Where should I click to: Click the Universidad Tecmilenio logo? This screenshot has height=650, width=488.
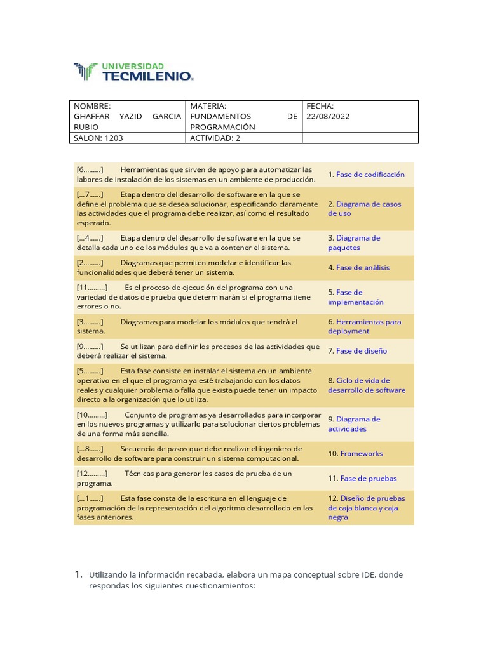[133, 72]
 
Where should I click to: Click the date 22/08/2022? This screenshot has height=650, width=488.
[328, 117]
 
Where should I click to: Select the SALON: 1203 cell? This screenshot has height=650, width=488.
[98, 138]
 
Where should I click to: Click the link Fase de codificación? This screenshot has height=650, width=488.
[370, 175]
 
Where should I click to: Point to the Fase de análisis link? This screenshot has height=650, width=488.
[363, 268]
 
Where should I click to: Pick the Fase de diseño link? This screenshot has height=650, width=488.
[362, 351]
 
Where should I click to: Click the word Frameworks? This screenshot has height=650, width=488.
[362, 454]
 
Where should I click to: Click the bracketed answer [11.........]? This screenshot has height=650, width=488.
[92, 288]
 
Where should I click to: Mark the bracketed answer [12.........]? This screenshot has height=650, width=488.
[92, 474]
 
